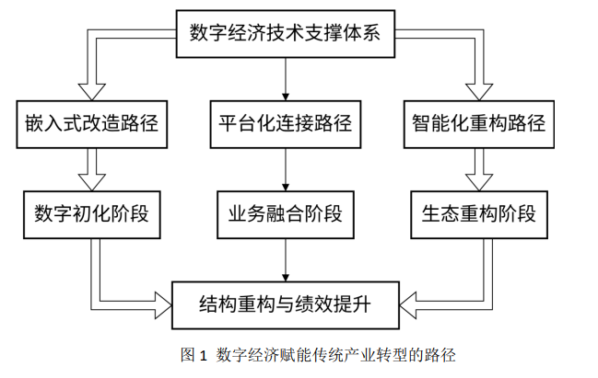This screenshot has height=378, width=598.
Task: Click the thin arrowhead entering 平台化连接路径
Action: tap(286, 97)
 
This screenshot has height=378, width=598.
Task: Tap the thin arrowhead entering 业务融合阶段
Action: tap(286, 188)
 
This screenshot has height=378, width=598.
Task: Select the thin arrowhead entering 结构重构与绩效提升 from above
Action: tap(286, 278)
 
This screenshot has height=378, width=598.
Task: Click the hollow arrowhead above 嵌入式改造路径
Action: tap(92, 92)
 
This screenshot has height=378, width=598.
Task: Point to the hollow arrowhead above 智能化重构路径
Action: tap(479, 92)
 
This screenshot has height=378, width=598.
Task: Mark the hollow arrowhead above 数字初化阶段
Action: tap(92, 182)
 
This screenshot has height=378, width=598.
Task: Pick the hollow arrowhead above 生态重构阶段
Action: tap(479, 182)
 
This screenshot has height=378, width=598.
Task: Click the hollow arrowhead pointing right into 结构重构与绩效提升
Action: tap(164, 305)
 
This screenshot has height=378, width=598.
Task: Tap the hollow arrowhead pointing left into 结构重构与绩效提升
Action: tap(407, 305)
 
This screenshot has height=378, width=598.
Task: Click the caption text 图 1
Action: tap(193, 355)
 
